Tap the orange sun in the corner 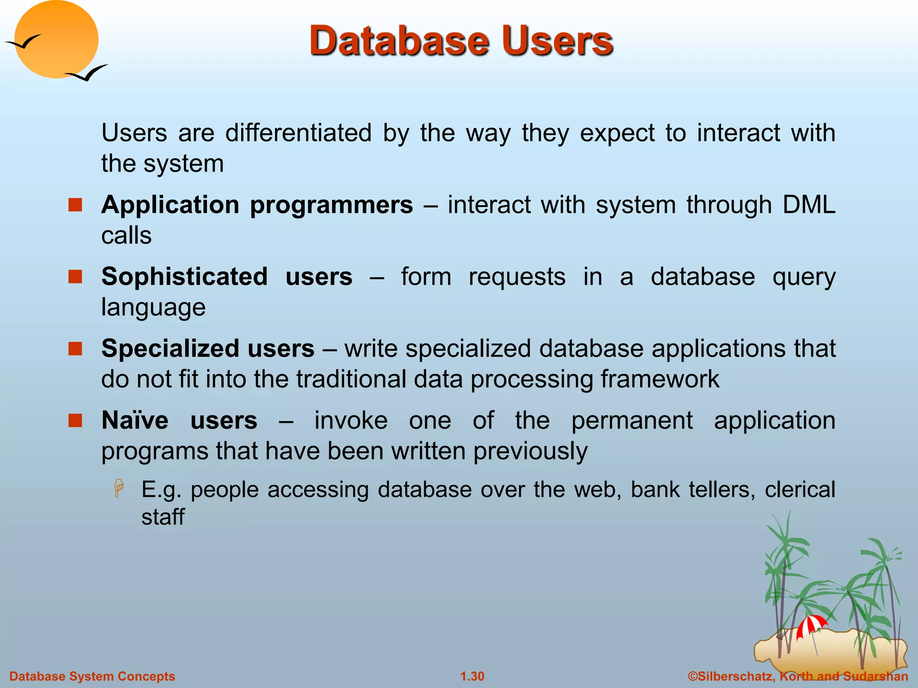(56, 39)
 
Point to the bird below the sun (87, 73)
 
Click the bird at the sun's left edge (22, 43)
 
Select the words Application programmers (257, 205)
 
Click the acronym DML (809, 205)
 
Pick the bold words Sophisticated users (226, 276)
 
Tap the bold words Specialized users (208, 348)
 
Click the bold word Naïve (135, 421)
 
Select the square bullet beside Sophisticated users (75, 276)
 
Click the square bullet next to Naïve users (75, 420)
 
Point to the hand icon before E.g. (119, 488)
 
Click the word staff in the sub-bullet (163, 517)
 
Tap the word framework (659, 379)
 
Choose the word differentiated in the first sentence (298, 133)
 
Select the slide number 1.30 (472, 676)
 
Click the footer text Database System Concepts (92, 676)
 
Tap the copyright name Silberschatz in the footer (735, 676)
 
